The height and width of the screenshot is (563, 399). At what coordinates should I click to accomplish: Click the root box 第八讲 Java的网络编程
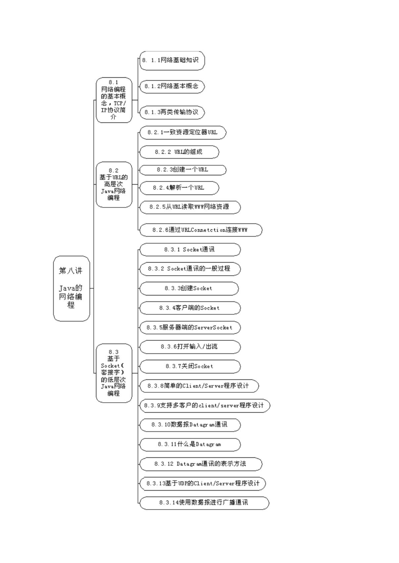tap(72, 288)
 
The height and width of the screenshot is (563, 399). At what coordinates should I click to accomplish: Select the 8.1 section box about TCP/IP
tap(114, 100)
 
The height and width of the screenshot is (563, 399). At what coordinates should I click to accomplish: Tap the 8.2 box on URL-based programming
tap(114, 184)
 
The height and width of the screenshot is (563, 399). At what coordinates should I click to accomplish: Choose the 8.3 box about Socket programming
tap(114, 373)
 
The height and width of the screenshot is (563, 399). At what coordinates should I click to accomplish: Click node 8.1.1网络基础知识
tap(172, 60)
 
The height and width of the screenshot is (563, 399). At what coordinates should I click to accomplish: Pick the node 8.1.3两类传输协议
tap(172, 112)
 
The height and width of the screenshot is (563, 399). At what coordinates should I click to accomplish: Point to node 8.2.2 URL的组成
tap(179, 152)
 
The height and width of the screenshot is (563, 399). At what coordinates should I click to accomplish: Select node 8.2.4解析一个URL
tap(179, 188)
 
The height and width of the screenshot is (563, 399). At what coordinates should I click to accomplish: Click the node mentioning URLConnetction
tap(201, 230)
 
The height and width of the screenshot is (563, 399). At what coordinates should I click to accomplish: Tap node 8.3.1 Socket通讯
tap(190, 249)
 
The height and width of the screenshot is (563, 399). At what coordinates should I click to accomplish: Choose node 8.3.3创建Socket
tap(189, 288)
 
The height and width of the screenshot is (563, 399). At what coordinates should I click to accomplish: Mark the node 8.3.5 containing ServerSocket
tap(190, 327)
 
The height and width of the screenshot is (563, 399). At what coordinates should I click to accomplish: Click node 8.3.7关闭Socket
tap(190, 366)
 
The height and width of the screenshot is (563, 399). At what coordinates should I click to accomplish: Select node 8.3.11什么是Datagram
tap(190, 444)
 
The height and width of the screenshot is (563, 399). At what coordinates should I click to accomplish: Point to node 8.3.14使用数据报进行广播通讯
tap(204, 503)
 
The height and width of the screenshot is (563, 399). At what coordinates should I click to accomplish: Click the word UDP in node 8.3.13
tap(182, 483)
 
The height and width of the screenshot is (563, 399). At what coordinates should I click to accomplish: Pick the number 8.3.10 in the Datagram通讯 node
tap(161, 424)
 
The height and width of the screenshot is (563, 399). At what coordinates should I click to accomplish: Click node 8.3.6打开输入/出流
tap(190, 347)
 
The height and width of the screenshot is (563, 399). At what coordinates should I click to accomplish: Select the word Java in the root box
tap(67, 288)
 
